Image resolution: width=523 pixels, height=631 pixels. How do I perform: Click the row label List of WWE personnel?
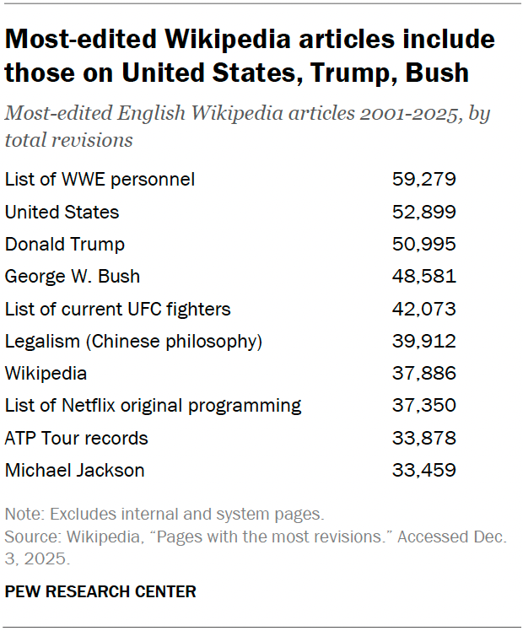tap(100, 180)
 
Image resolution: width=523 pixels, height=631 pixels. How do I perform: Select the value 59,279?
tap(423, 180)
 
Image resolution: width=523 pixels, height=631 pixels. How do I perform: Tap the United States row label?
tap(62, 213)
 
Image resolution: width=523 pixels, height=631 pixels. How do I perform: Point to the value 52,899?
tap(423, 213)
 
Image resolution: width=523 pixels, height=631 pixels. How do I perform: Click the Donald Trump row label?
tap(65, 245)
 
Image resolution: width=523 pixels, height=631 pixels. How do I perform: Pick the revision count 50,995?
tap(423, 245)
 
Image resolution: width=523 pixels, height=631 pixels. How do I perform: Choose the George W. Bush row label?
tap(73, 277)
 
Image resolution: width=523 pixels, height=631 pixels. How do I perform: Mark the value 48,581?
tap(423, 277)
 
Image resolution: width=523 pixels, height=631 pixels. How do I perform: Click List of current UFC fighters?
tap(117, 310)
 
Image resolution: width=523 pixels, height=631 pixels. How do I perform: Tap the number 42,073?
tap(423, 310)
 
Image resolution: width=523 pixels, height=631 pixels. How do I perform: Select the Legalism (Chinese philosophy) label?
tap(134, 342)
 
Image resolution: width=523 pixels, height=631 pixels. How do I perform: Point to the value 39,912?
tap(423, 342)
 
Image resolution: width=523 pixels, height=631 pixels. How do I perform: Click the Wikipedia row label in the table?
tap(46, 374)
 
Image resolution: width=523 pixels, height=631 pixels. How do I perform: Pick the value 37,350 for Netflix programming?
tap(423, 406)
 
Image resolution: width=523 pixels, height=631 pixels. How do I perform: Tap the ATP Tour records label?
tap(76, 439)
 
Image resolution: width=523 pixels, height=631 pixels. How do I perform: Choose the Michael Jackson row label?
tap(74, 471)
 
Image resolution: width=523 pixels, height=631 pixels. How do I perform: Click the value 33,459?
tap(423, 471)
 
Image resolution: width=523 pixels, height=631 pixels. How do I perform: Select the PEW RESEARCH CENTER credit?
tap(100, 591)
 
